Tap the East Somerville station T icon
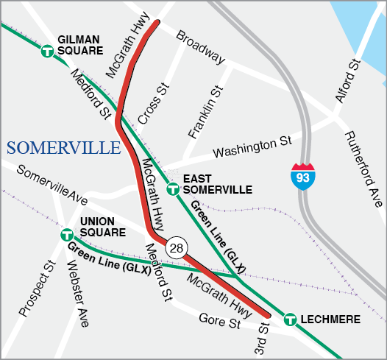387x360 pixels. tap(173, 189)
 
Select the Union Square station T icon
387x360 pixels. tap(66, 235)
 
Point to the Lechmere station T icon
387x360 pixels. tap(289, 320)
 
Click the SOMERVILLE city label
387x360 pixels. tap(63, 148)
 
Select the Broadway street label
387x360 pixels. tap(200, 46)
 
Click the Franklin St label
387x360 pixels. tap(205, 113)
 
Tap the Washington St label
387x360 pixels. tap(252, 147)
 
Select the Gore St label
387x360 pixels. tap(219, 320)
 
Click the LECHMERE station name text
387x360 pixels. tap(330, 320)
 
